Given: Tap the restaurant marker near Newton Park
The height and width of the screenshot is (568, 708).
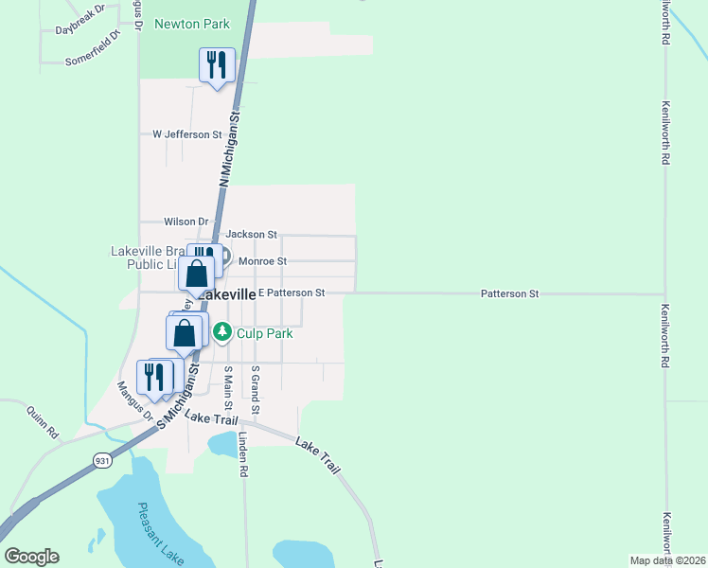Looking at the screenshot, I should coord(217,65).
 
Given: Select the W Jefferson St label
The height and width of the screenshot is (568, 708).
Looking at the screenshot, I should coord(186,134).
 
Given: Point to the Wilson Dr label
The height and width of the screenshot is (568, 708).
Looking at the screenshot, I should coord(186,222).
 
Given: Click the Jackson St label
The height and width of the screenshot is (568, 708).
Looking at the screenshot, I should coord(251,234).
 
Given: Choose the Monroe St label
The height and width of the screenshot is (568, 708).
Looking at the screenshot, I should coord(262,261).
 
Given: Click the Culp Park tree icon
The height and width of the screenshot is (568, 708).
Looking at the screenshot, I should coord(222,331).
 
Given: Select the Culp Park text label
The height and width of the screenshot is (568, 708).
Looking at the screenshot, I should coord(265,333).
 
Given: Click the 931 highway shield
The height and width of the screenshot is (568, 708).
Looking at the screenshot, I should coord(102,460).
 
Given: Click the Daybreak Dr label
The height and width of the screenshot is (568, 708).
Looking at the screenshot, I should coord(79,29).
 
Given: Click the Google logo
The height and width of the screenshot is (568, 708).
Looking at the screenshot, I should coord(31,557).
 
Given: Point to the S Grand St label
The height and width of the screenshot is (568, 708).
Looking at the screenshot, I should coord(255,388).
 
